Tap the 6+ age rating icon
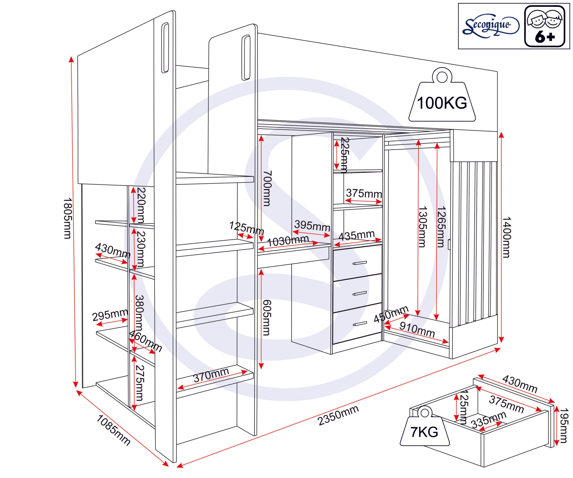[545, 26]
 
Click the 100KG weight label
[442, 103]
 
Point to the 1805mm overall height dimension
[67, 218]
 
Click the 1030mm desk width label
[288, 241]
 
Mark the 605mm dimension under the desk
[267, 317]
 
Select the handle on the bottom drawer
[360, 324]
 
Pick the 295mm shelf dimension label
[110, 315]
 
